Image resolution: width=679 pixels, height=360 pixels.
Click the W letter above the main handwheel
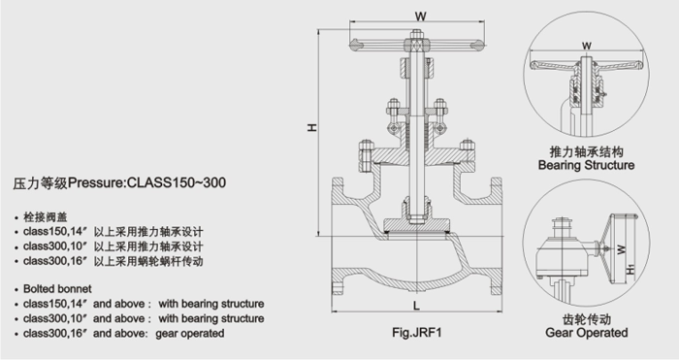(x=418, y=15)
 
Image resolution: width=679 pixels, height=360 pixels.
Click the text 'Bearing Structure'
(x=586, y=166)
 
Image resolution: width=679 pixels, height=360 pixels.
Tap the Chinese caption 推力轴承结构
(x=586, y=152)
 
